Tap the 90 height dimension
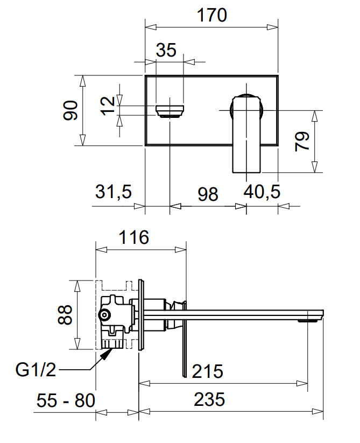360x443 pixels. [70, 110]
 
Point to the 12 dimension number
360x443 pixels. [108, 104]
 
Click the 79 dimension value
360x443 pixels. [302, 141]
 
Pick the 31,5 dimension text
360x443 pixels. [114, 192]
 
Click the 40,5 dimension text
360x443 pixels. [262, 192]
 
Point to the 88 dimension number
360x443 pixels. [65, 314]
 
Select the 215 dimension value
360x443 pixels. [208, 371]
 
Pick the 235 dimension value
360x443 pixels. [208, 399]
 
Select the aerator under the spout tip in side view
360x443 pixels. [308, 320]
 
